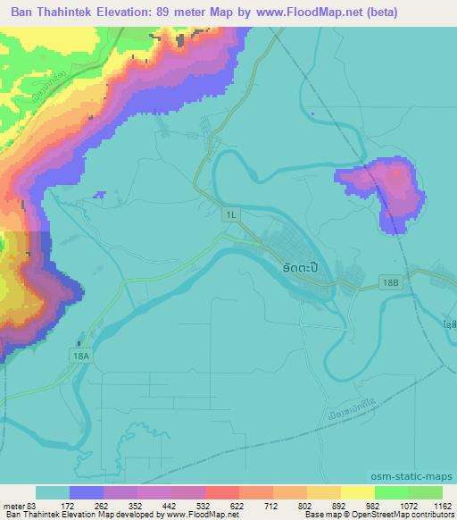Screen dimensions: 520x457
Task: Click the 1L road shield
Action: pyautogui.click(x=232, y=214)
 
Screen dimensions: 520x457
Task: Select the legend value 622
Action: pyautogui.click(x=239, y=505)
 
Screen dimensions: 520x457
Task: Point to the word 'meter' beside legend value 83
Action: pyautogui.click(x=14, y=505)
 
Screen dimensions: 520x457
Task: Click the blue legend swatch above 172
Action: pyautogui.click(x=87, y=492)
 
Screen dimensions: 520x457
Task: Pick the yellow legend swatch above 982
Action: pyautogui.click(x=358, y=492)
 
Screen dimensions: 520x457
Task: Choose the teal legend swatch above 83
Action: pyautogui.click(x=53, y=492)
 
